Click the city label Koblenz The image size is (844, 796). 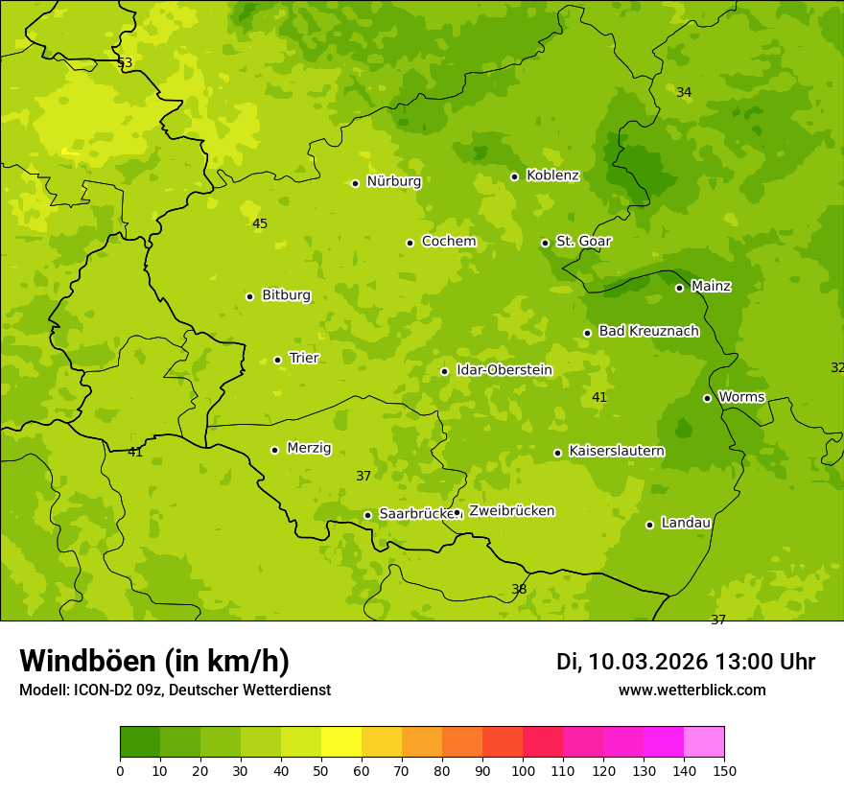coord(552,176)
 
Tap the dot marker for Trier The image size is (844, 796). coord(278,360)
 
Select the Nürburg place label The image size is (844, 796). coord(393,181)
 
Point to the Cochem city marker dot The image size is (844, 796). coord(410,243)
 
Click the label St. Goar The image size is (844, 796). coord(583,241)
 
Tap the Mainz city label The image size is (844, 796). coord(711,286)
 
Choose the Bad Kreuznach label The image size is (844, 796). coord(648,331)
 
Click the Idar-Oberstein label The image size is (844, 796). coord(504,369)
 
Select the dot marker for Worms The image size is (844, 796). coord(707,398)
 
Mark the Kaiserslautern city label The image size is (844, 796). coord(616,451)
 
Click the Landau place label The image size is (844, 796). coord(686,523)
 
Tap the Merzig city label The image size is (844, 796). coord(309,448)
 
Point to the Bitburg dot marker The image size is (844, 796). coord(249,296)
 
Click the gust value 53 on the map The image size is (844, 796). coord(125,62)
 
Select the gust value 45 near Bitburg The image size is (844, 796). coord(260,223)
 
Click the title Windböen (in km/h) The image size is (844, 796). coord(153,661)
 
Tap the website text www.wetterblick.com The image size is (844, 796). coord(692,690)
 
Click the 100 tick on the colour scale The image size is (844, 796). coord(523,770)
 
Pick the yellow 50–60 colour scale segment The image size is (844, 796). coord(341,742)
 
